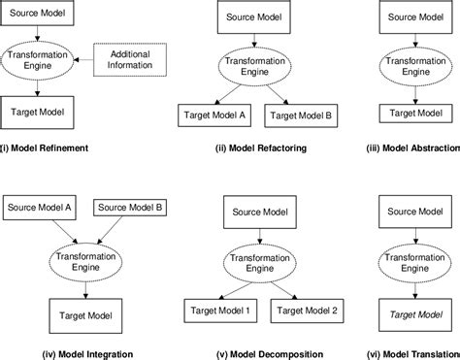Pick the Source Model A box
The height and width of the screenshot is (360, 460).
[40, 206]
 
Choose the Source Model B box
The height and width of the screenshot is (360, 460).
[131, 206]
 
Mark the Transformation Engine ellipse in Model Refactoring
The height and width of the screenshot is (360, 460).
[255, 66]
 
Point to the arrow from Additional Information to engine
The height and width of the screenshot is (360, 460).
[82, 59]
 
